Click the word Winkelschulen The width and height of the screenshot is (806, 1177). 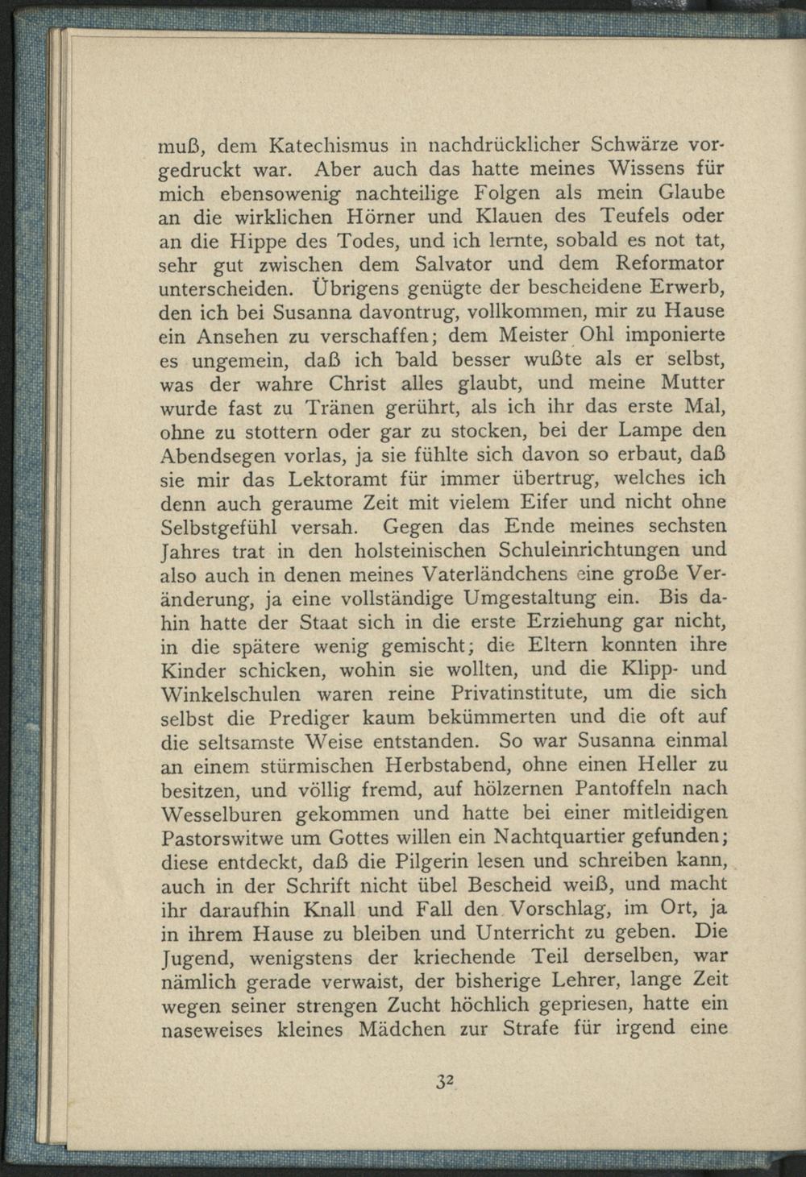231,693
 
